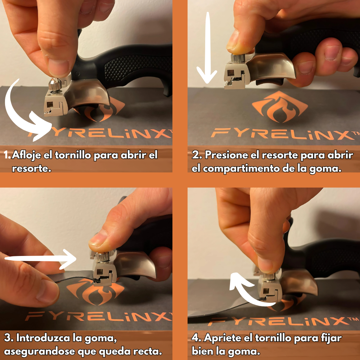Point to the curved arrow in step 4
(248, 292)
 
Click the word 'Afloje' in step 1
(32, 156)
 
